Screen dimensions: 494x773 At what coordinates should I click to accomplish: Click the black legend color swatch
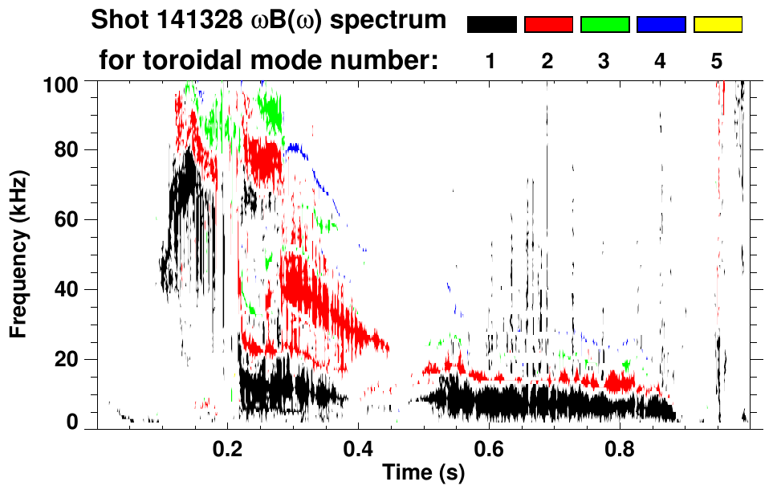[x=491, y=25]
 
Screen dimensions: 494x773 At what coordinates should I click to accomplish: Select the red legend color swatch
[x=548, y=25]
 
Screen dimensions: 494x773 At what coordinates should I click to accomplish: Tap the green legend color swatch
[x=604, y=25]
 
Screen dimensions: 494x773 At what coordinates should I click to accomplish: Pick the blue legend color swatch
[x=661, y=25]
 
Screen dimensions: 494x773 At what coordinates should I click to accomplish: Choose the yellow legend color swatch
[x=718, y=25]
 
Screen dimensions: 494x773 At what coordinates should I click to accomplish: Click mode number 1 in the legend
[x=491, y=61]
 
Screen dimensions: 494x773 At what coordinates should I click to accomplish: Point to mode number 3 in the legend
[x=604, y=61]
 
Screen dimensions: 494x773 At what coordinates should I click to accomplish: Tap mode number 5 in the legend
[x=718, y=61]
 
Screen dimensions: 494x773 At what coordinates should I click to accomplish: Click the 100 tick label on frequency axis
[x=62, y=84]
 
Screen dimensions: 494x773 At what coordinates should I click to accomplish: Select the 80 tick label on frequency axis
[x=67, y=150]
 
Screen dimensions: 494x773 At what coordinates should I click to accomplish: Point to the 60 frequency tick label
[x=67, y=219]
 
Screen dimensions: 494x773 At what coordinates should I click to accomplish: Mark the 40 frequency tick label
[x=67, y=289]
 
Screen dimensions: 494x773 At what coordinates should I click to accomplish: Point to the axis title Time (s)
[x=422, y=474]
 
